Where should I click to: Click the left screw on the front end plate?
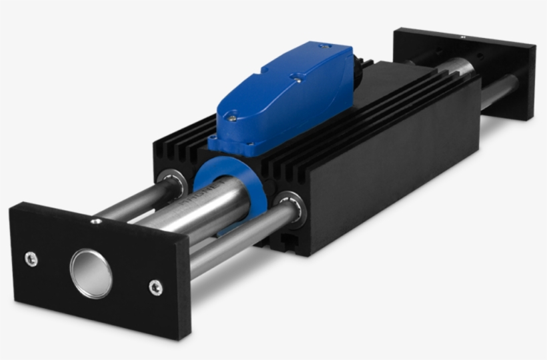click(31, 259)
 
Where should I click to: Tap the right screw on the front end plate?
click(155, 287)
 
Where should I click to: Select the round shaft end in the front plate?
click(91, 273)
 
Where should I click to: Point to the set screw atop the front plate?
click(97, 221)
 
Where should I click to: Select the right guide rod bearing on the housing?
click(291, 207)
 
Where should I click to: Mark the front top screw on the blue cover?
click(231, 118)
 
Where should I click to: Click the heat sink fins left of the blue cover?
click(183, 143)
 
